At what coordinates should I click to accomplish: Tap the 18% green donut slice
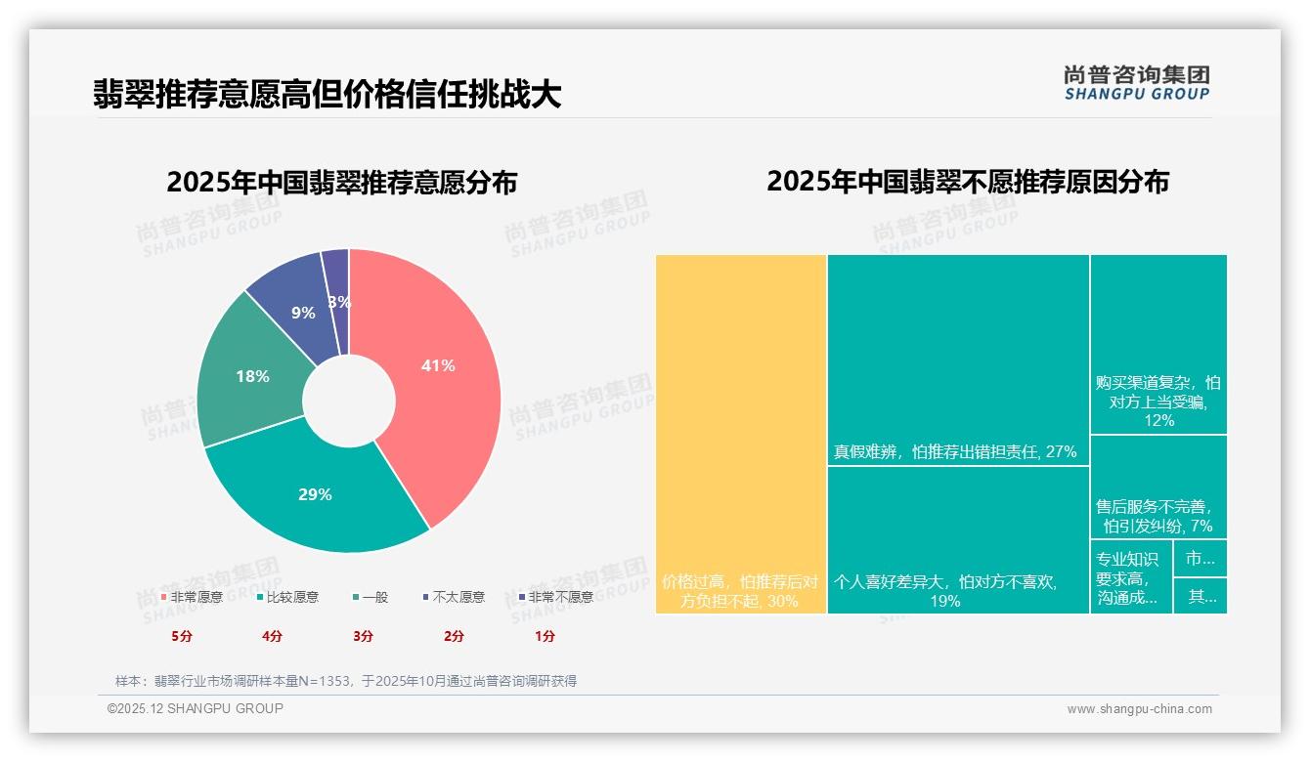(x=251, y=376)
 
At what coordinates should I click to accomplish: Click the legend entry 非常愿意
(x=192, y=597)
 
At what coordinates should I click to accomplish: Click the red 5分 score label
(x=182, y=636)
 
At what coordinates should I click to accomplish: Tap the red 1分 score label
(x=545, y=636)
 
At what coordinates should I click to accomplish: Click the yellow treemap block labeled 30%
(x=741, y=434)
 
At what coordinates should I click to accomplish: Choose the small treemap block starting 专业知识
(x=1131, y=576)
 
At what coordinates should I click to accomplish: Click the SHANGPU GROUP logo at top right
(x=1136, y=82)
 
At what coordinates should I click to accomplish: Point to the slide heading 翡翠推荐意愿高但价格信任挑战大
(x=327, y=94)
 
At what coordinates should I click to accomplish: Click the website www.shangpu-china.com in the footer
(x=1139, y=709)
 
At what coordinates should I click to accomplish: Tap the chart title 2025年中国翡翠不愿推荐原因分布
(x=967, y=182)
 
